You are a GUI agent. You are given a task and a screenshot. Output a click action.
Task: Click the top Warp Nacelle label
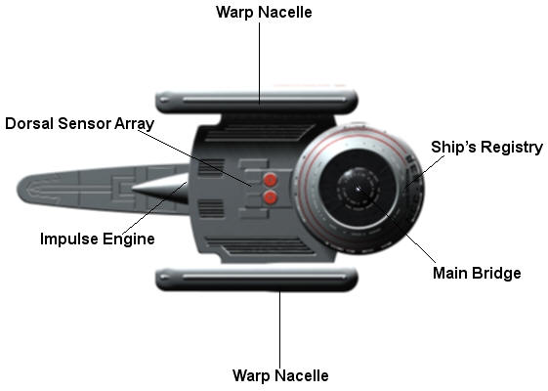point(264,13)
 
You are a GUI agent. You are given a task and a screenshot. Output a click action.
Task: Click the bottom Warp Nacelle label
point(280,375)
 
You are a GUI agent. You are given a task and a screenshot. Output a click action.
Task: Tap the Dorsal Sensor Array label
point(80,124)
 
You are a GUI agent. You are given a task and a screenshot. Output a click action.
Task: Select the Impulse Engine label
point(98,239)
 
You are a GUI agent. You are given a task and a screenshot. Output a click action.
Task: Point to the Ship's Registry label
point(486,148)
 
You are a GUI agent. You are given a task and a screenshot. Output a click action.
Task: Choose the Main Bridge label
point(477,273)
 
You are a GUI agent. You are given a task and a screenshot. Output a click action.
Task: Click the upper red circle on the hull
point(271,180)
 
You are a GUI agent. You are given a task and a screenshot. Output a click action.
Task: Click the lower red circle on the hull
point(271,197)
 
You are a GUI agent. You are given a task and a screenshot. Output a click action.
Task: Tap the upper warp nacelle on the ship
point(257,102)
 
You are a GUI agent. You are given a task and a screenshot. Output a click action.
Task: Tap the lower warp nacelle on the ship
point(257,280)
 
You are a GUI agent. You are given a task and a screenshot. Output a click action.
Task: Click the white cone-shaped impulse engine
point(160,189)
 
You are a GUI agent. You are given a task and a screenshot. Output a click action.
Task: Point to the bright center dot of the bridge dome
point(358,190)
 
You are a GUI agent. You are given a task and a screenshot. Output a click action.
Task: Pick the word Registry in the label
point(512,148)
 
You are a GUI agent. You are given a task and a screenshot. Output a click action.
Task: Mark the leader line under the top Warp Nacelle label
point(259,64)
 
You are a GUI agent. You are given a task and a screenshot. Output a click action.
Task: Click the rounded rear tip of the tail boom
point(20,190)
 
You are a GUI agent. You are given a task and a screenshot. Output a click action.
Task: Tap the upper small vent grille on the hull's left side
point(211,167)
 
